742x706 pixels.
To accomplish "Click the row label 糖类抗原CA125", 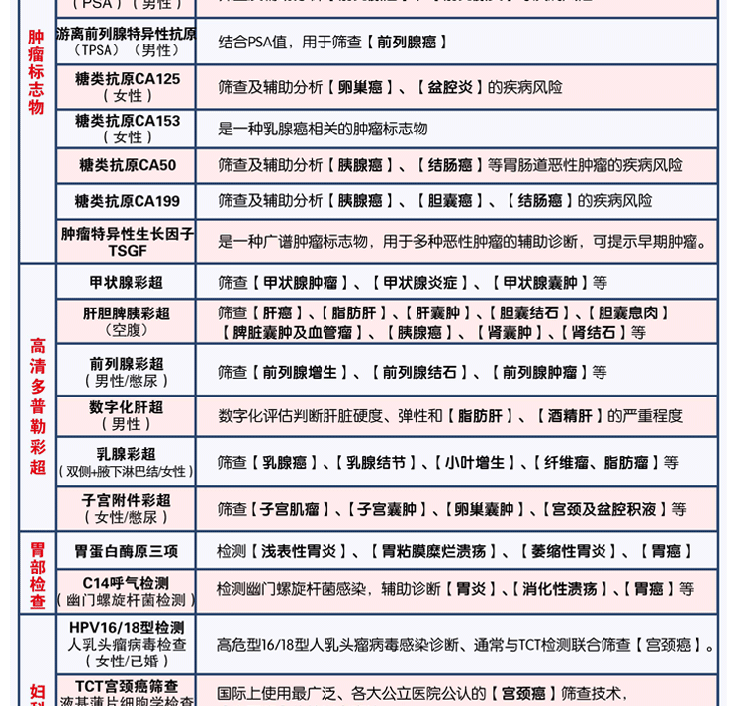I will [128, 79].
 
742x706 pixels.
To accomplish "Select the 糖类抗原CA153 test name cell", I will [128, 121].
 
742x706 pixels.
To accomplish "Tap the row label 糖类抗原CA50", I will [128, 165].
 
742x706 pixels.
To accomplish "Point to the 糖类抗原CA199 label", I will [128, 201].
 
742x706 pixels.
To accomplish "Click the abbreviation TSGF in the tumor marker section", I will [127, 251].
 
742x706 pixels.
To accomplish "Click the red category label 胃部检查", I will [37, 574].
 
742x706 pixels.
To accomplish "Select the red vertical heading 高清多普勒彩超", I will [37, 405].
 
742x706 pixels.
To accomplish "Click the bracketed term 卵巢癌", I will [360, 87].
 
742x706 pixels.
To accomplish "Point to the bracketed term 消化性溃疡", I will [560, 589].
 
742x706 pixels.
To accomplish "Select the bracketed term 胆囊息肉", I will [634, 313].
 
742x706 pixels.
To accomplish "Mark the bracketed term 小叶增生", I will [474, 462].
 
